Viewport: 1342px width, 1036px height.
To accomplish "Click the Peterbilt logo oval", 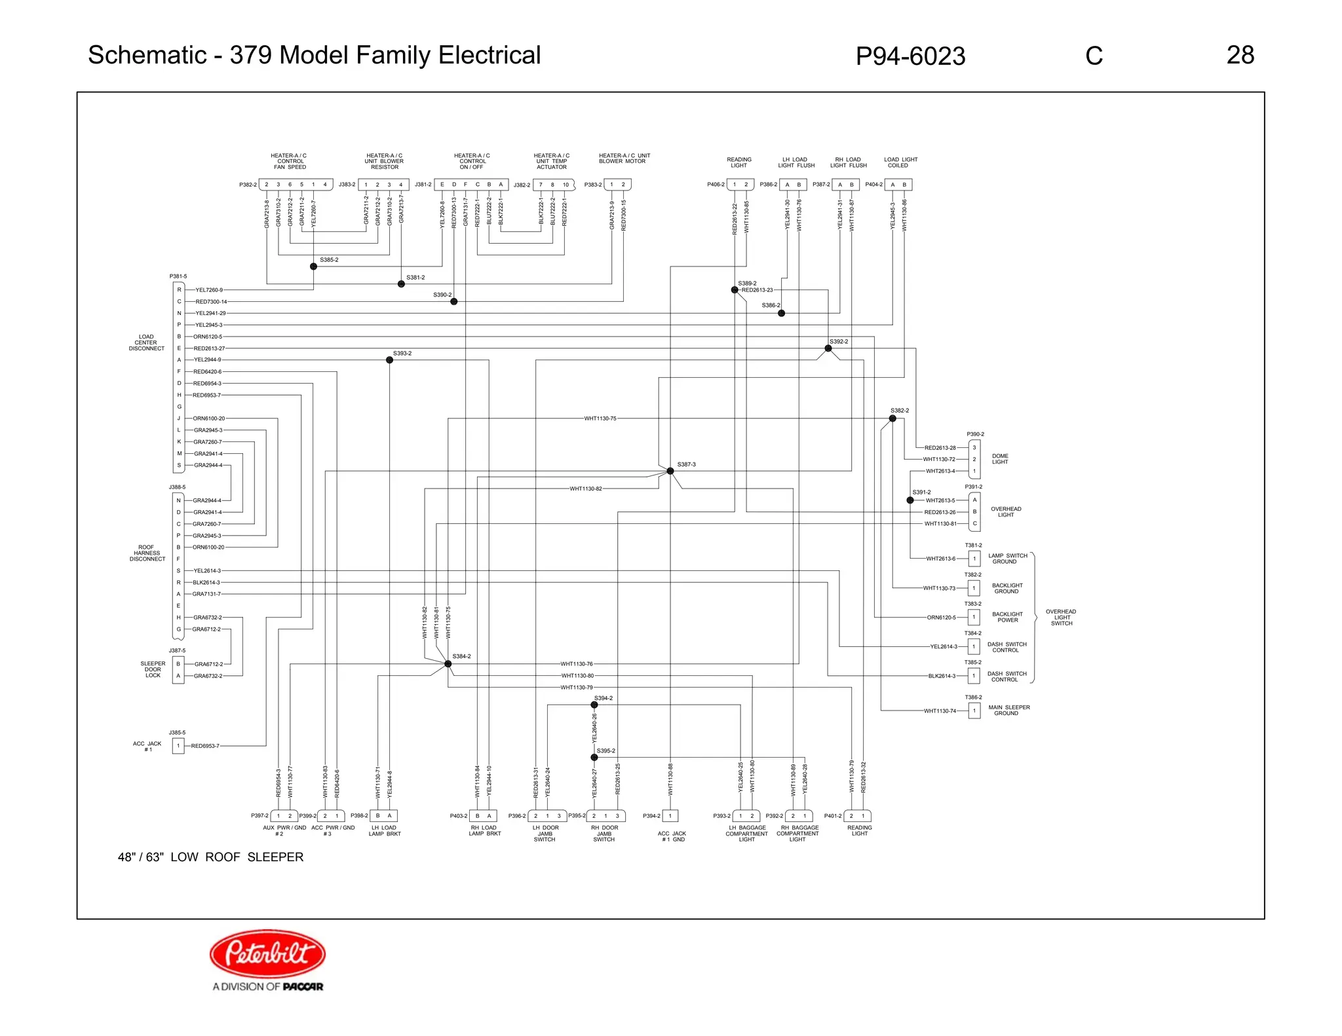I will [x=267, y=954].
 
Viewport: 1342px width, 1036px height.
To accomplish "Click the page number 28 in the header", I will [x=1240, y=55].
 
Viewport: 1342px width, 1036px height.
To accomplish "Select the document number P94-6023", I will [x=910, y=56].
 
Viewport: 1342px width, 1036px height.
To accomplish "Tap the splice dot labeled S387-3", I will [x=670, y=471].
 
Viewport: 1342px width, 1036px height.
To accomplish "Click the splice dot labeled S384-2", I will [x=448, y=664].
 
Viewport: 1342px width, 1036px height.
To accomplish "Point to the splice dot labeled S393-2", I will [x=389, y=360].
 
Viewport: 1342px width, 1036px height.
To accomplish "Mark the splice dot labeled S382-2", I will [x=892, y=418].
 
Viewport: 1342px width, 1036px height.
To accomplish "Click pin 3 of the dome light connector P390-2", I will [x=974, y=448].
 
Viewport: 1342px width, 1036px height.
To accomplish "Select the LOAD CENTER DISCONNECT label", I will [x=146, y=342].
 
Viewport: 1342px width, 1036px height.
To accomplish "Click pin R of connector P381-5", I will [x=179, y=290].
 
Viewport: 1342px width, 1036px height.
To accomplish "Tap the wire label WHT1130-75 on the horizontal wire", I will [x=600, y=418].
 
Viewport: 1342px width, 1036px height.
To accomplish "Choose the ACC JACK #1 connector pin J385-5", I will [x=178, y=746].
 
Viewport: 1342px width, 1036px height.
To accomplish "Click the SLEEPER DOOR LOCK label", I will [x=153, y=669].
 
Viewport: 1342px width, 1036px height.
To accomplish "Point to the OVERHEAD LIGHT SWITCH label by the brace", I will [x=1061, y=618].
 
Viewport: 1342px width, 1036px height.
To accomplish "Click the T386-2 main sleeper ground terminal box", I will [x=974, y=711].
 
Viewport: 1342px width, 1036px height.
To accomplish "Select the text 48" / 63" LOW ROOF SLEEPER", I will [x=210, y=857].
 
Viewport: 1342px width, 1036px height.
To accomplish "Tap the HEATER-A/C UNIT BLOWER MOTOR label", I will [x=624, y=158].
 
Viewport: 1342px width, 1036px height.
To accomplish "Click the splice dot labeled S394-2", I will [x=594, y=705].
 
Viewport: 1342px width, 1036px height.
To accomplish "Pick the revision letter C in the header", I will [x=1094, y=56].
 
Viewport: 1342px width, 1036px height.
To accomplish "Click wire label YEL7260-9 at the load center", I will [x=209, y=290].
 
